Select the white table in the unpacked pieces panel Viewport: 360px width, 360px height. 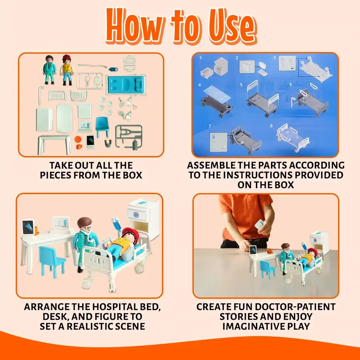pyautogui.click(x=54, y=144)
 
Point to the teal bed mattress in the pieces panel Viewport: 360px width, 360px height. pyautogui.click(x=126, y=85)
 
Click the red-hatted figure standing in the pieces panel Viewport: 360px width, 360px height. pyautogui.click(x=67, y=70)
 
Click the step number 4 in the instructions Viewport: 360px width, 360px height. pyautogui.click(x=200, y=85)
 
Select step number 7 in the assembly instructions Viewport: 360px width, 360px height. pyautogui.click(x=210, y=126)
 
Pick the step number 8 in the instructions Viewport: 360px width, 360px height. pyautogui.click(x=271, y=126)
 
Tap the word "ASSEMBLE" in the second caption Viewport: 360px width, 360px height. pyautogui.click(x=211, y=165)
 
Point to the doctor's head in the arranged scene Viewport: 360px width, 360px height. pyautogui.click(x=85, y=225)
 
